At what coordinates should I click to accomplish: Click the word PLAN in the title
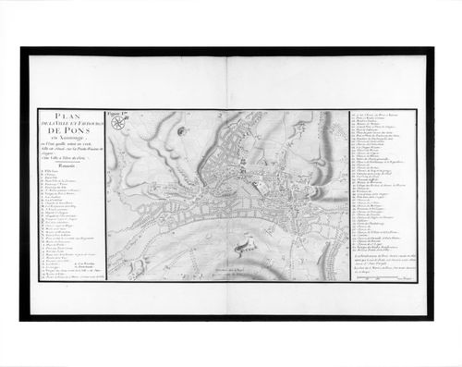pyautogui.click(x=70, y=117)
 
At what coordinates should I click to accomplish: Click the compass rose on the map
pyautogui.click(x=180, y=131)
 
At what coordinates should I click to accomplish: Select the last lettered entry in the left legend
pyautogui.click(x=69, y=274)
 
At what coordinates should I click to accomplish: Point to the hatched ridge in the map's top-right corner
pyautogui.click(x=328, y=125)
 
